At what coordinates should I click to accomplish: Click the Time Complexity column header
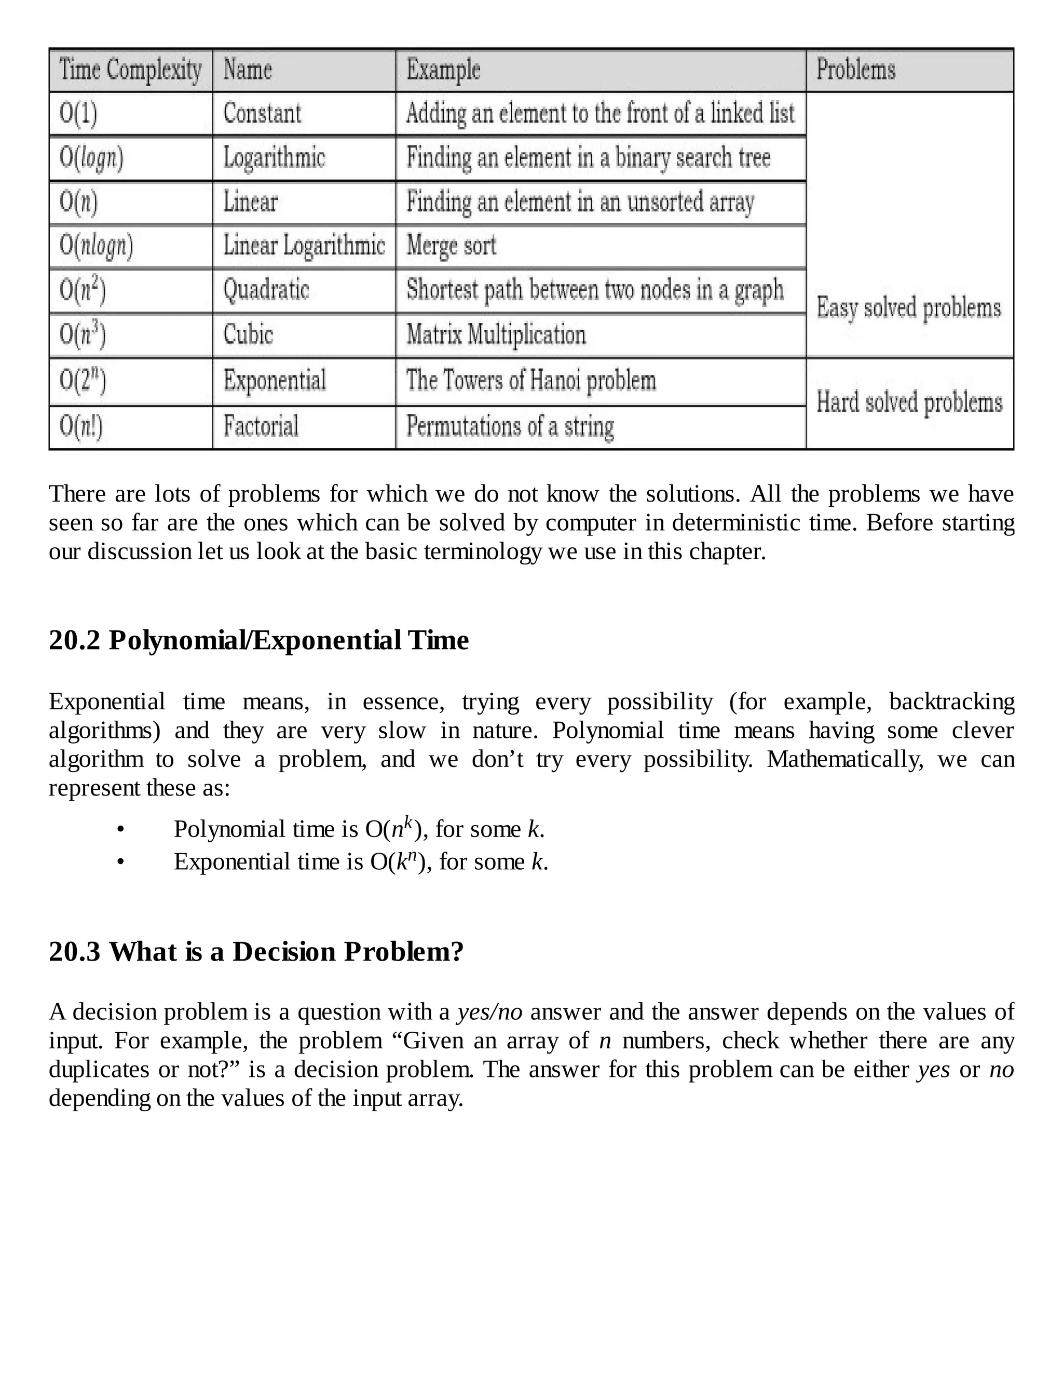130,70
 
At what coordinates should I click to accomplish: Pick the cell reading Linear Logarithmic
304,246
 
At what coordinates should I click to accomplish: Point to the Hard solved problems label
909,402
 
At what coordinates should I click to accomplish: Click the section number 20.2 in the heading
74,641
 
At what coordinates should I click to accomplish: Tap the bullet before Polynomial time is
120,830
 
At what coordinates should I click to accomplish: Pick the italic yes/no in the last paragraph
489,1013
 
